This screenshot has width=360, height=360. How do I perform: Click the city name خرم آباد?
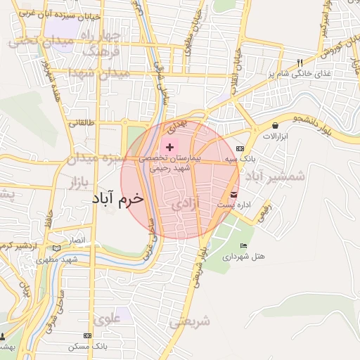117,198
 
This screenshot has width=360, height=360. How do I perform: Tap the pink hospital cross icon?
169,147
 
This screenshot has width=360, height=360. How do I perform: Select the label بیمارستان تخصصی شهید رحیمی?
169,165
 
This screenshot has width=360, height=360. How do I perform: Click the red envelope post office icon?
233,195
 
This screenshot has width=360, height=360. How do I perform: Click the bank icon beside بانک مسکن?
87,337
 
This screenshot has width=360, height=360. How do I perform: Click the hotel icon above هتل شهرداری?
243,245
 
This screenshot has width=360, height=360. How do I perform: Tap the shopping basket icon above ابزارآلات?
274,126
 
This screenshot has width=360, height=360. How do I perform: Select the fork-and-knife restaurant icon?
300,62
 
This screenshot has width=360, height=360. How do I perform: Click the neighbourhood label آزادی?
186,205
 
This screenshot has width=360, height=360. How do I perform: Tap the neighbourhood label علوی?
108,319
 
